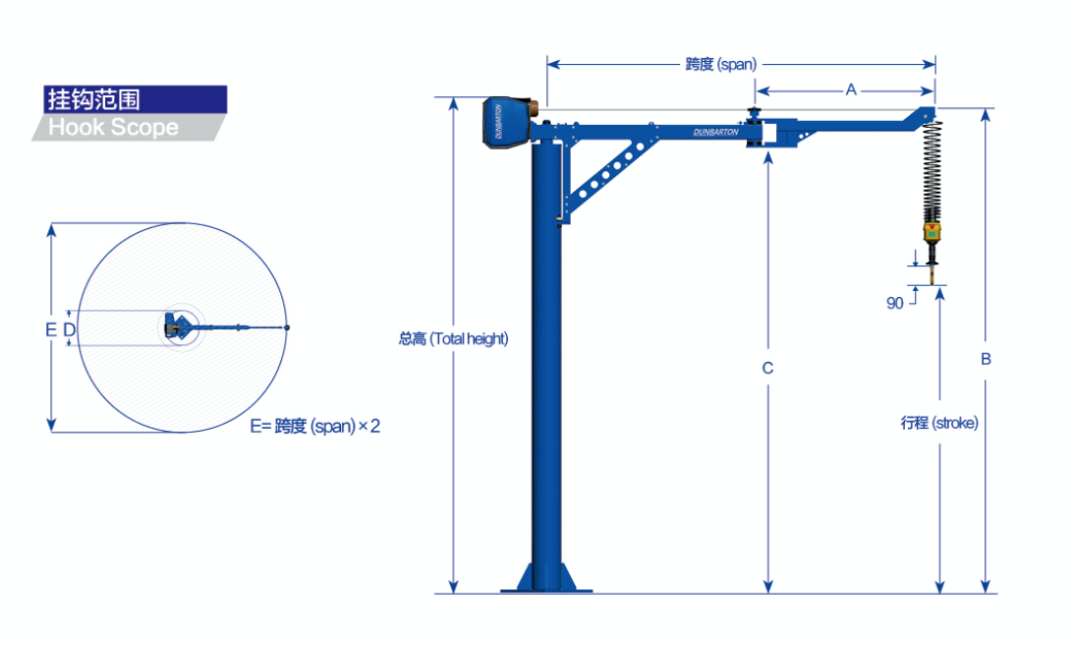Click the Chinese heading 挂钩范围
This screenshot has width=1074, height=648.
point(93,99)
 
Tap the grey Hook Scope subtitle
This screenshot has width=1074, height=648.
point(114,128)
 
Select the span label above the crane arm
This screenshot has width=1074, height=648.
point(720,65)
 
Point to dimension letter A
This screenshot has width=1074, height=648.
point(851,89)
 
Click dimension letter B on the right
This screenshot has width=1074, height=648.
point(986,359)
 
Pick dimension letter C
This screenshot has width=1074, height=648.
point(767,368)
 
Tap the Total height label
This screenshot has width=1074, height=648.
point(453,338)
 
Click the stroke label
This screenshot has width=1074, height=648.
point(939,423)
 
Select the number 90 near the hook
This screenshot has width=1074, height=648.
point(894,303)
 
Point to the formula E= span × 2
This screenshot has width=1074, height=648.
point(315,427)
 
